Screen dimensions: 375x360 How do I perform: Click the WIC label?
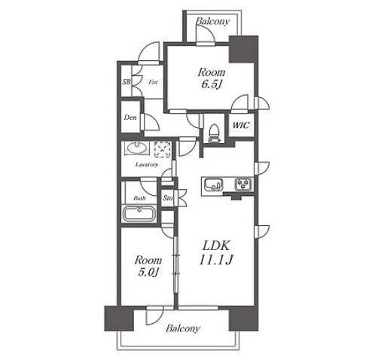pyautogui.click(x=241, y=125)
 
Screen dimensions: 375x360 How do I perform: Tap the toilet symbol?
pyautogui.click(x=214, y=133)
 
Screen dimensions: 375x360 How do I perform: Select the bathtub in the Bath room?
pyautogui.click(x=139, y=214)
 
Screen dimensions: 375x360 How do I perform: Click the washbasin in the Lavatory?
pyautogui.click(x=137, y=148)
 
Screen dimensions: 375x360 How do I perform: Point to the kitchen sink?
pyautogui.click(x=213, y=185)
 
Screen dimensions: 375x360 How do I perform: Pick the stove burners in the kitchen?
pyautogui.click(x=243, y=184)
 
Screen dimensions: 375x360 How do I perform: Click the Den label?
pyautogui.click(x=130, y=117)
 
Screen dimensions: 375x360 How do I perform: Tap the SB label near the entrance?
pyautogui.click(x=127, y=82)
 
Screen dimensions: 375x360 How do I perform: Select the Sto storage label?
pyautogui.click(x=168, y=198)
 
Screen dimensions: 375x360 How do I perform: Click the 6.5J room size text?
pyautogui.click(x=212, y=85)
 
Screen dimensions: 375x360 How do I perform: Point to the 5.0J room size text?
pyautogui.click(x=148, y=273)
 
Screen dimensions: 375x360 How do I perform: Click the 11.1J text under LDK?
pyautogui.click(x=216, y=260)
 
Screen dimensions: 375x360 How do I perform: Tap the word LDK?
pyautogui.click(x=216, y=246)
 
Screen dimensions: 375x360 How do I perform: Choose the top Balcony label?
pyautogui.click(x=212, y=21)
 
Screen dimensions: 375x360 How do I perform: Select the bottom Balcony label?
pyautogui.click(x=183, y=328)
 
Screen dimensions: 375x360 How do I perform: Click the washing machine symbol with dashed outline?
pyautogui.click(x=163, y=149)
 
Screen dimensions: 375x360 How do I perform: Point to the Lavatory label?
pyautogui.click(x=147, y=165)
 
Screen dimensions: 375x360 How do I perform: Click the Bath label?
pyautogui.click(x=139, y=198)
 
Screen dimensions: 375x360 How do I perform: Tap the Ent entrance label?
pyautogui.click(x=153, y=82)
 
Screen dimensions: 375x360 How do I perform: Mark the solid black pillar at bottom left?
pyautogui.click(x=119, y=318)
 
